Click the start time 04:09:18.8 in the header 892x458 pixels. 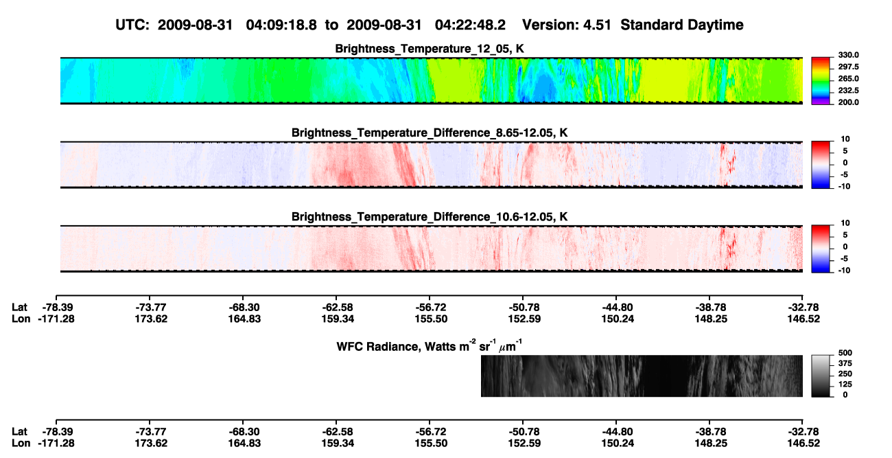pyautogui.click(x=281, y=25)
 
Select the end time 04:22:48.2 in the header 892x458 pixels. pyautogui.click(x=470, y=25)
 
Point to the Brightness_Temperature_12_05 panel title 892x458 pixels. pyautogui.click(x=430, y=49)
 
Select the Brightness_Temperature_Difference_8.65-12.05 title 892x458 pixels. pyautogui.click(x=430, y=133)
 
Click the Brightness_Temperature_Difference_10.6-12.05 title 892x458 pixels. pyautogui.click(x=430, y=217)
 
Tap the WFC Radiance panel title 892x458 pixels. pyautogui.click(x=429, y=345)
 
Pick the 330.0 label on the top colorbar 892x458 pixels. pyautogui.click(x=848, y=55)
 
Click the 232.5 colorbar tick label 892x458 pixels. pyautogui.click(x=848, y=91)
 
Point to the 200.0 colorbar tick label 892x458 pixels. pyautogui.click(x=848, y=102)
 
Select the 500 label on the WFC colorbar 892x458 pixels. pyautogui.click(x=845, y=353)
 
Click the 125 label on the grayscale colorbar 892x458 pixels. pyautogui.click(x=845, y=385)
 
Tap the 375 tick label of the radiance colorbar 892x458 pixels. pyautogui.click(x=845, y=363)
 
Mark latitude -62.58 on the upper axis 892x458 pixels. pyautogui.click(x=336, y=308)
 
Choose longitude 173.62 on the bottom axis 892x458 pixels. pyautogui.click(x=150, y=444)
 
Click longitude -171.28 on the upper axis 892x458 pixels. pyautogui.click(x=56, y=319)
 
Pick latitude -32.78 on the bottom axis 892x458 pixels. pyautogui.click(x=802, y=432)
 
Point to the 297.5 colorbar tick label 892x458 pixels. pyautogui.click(x=848, y=67)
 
